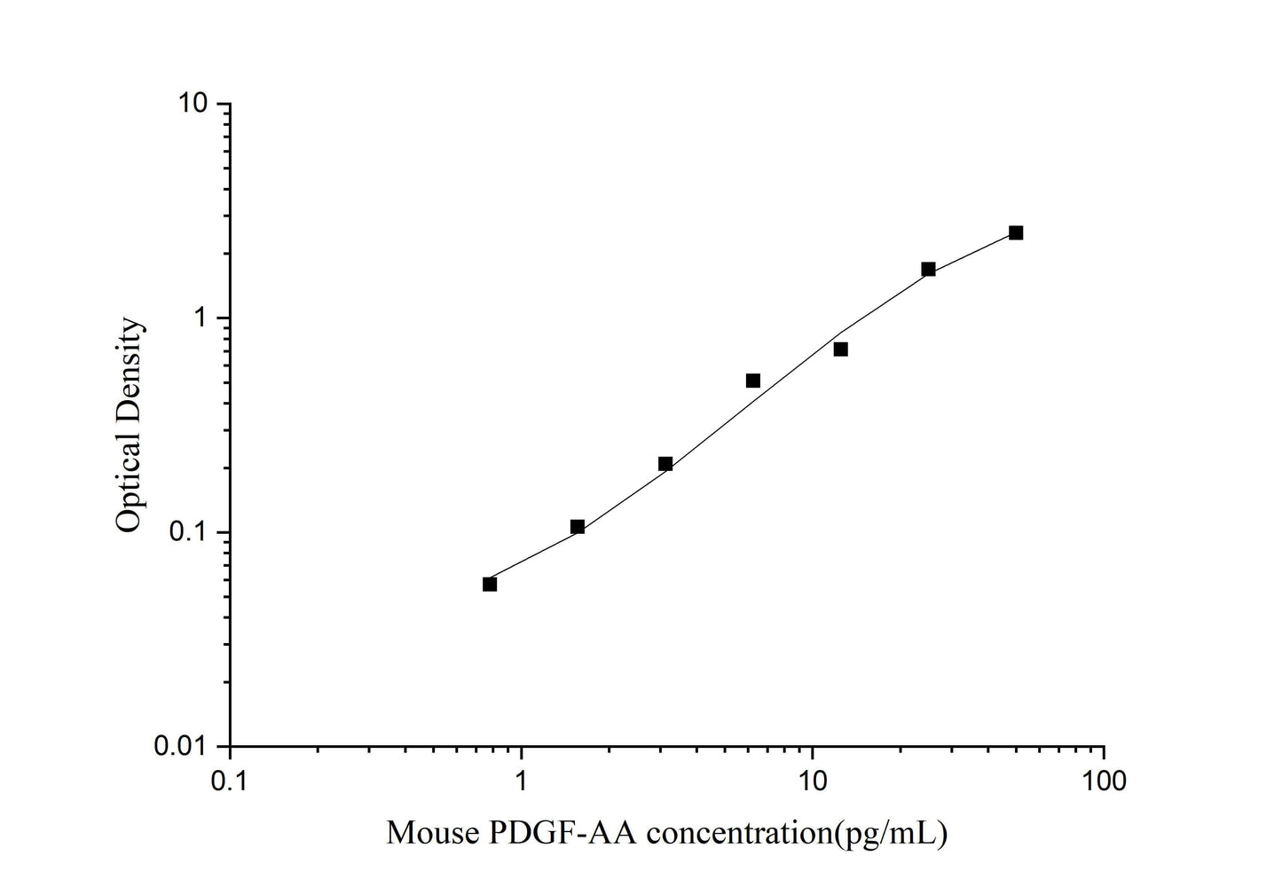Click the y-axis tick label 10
193,104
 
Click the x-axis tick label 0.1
230,781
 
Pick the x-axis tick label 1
522,781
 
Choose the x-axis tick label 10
813,781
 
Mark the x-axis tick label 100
1104,781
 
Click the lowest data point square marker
490,584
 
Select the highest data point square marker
1016,232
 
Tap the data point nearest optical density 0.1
578,527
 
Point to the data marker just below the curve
840,349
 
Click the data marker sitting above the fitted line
753,381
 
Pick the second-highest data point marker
928,269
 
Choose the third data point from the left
665,464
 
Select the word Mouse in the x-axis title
429,833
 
